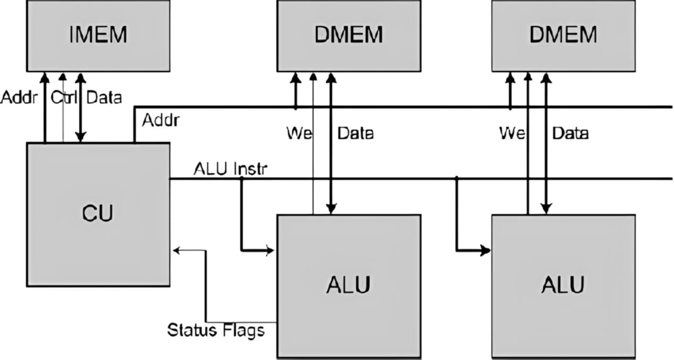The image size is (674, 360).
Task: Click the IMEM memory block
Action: pyautogui.click(x=98, y=36)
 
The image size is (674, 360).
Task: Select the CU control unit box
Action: pyautogui.click(x=98, y=214)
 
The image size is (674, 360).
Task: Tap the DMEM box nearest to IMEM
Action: pyautogui.click(x=349, y=36)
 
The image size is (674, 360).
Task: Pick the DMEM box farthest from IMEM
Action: pyautogui.click(x=563, y=36)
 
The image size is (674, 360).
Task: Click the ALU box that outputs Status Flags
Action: pyautogui.click(x=349, y=286)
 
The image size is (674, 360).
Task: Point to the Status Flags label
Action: pyautogui.click(x=215, y=331)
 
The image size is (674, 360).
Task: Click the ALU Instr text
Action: pyautogui.click(x=231, y=169)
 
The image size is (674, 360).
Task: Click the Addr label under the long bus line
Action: pyautogui.click(x=161, y=121)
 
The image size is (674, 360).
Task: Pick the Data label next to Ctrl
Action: pyautogui.click(x=104, y=97)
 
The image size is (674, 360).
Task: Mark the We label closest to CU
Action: pyautogui.click(x=299, y=133)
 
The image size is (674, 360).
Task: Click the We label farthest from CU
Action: pyautogui.click(x=512, y=133)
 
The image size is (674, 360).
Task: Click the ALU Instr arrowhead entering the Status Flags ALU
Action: pyautogui.click(x=271, y=250)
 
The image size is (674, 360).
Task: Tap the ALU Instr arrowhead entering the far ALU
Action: pyautogui.click(x=486, y=251)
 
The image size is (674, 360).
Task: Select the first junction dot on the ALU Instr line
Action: pyautogui.click(x=242, y=179)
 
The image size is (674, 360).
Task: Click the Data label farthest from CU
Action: pyautogui.click(x=570, y=133)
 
